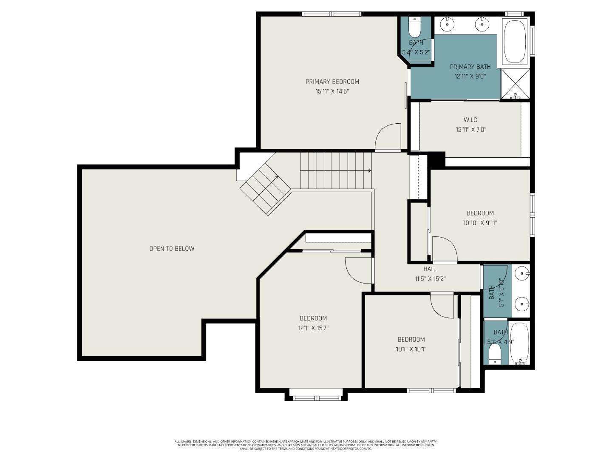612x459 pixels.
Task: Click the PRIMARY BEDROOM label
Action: pyautogui.click(x=332, y=82)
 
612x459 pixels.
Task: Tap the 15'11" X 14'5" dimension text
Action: pyautogui.click(x=332, y=91)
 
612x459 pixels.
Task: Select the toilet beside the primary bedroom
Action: pyautogui.click(x=414, y=28)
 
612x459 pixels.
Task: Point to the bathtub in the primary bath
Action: pyautogui.click(x=515, y=42)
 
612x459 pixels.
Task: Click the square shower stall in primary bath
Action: pyautogui.click(x=515, y=84)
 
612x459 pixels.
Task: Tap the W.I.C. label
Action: pyautogui.click(x=470, y=120)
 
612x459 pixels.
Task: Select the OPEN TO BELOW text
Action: pyautogui.click(x=172, y=249)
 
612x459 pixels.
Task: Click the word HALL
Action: pyautogui.click(x=430, y=269)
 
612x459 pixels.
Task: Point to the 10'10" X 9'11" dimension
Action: pyautogui.click(x=480, y=223)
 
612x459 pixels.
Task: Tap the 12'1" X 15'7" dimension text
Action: pyautogui.click(x=313, y=328)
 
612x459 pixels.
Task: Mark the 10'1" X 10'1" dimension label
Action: pyautogui.click(x=411, y=349)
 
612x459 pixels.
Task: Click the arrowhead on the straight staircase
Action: pyautogui.click(x=369, y=170)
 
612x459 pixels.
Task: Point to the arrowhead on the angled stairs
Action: pyautogui.click(x=276, y=178)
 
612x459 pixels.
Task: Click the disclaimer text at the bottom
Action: pyautogui.click(x=306, y=445)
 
